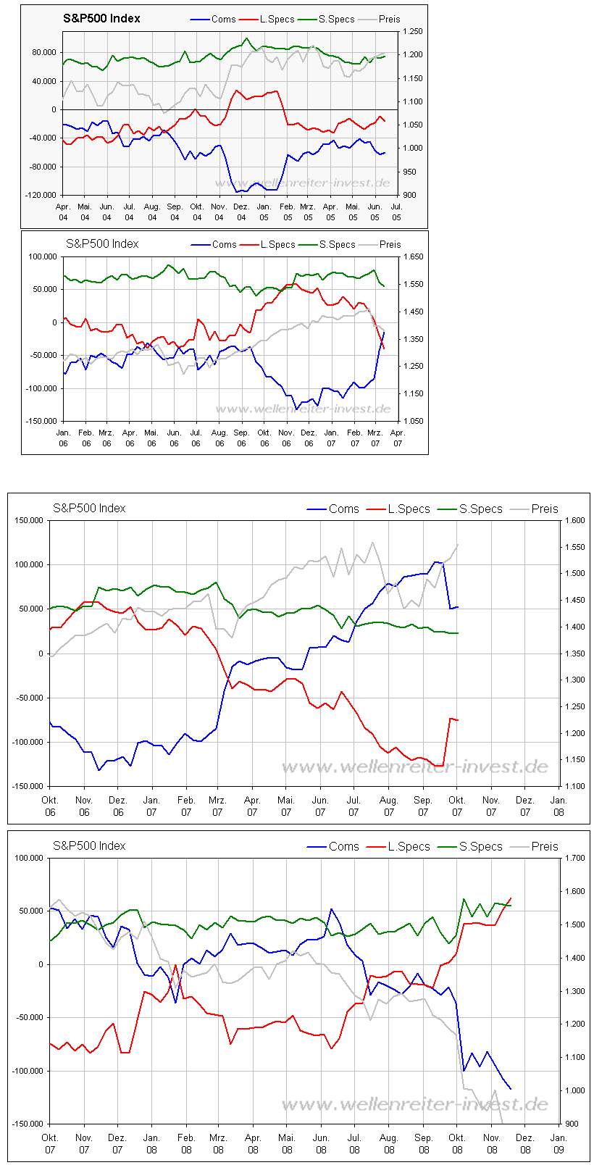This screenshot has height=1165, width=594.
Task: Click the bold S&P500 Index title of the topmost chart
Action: coord(102,18)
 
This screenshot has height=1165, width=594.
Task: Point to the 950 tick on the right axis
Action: coord(409,172)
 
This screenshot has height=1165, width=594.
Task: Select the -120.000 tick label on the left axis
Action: coord(43,195)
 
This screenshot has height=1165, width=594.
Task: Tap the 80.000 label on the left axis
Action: coord(45,52)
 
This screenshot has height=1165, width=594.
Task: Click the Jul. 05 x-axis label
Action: coord(397,212)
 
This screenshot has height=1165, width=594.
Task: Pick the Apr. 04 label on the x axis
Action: coord(62,212)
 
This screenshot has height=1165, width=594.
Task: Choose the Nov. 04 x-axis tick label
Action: coord(219,212)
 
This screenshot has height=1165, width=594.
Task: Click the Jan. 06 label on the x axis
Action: coord(63,438)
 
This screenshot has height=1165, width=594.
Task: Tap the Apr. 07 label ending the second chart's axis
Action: coord(398,438)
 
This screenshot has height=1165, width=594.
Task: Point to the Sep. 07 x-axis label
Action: coord(423,806)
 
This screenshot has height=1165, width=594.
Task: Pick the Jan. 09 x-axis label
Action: coord(559,1143)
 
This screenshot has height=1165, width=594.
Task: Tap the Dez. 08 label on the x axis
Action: coord(525,1143)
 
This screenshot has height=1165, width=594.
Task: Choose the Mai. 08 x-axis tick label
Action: coord(287,1143)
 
